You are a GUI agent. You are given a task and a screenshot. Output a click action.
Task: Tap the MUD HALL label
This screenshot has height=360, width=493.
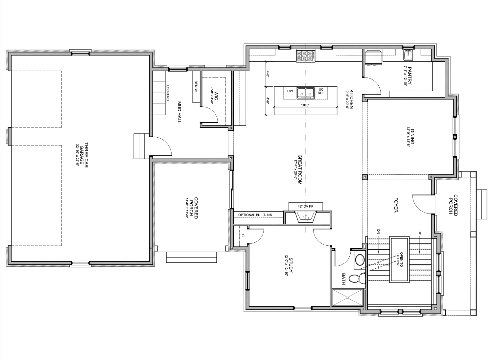pyautogui.click(x=179, y=112)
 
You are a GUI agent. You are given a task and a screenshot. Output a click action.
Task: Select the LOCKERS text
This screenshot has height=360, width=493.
pyautogui.click(x=168, y=93)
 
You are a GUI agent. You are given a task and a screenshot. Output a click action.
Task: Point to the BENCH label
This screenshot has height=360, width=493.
pyautogui.click(x=196, y=86)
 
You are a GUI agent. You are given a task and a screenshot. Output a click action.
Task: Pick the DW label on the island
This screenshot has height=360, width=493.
pyautogui.click(x=290, y=91)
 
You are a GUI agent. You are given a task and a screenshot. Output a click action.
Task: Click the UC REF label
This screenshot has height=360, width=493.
pyautogui.click(x=321, y=91)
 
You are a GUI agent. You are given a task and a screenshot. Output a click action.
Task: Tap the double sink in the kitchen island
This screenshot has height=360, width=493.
pyautogui.click(x=305, y=93)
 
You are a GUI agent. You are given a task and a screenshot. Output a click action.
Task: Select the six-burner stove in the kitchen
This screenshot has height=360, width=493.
pyautogui.click(x=305, y=56)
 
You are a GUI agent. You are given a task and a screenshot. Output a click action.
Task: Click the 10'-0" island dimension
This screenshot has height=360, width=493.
pyautogui.click(x=305, y=105)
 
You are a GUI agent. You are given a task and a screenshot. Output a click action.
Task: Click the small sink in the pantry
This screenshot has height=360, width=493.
pyautogui.click(x=408, y=55)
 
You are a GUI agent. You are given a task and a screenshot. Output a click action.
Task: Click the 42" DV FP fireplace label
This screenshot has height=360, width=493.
pyautogui.click(x=305, y=207)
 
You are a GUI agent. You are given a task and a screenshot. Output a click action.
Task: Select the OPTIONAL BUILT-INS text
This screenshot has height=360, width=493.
pyautogui.click(x=255, y=215)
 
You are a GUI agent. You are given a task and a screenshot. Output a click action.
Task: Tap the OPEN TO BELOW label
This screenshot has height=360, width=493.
pyautogui.click(x=400, y=259)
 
